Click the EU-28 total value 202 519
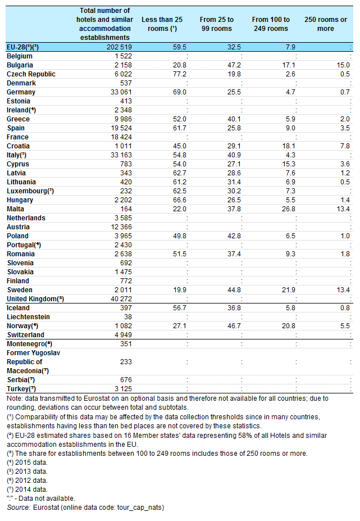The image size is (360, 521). click(119, 47)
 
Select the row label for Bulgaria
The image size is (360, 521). click(20, 65)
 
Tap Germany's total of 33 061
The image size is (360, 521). click(121, 92)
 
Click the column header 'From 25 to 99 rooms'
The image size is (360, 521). click(217, 24)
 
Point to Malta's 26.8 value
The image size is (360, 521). click(289, 209)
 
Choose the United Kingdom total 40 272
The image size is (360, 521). click(121, 299)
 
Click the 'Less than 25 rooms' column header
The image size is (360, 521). click(162, 24)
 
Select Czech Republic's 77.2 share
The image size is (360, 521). click(180, 74)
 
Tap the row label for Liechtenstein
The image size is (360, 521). click(28, 317)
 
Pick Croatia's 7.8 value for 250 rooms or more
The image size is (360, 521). click(345, 146)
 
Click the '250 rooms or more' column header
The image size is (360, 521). click(326, 24)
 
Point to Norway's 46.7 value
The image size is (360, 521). click(234, 326)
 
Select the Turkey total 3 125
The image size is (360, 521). click(123, 389)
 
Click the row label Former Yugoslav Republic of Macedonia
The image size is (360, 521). click(33, 362)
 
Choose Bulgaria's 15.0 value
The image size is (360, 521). click(343, 65)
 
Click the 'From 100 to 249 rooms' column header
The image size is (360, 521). click(271, 24)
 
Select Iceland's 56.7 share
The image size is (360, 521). click(180, 308)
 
